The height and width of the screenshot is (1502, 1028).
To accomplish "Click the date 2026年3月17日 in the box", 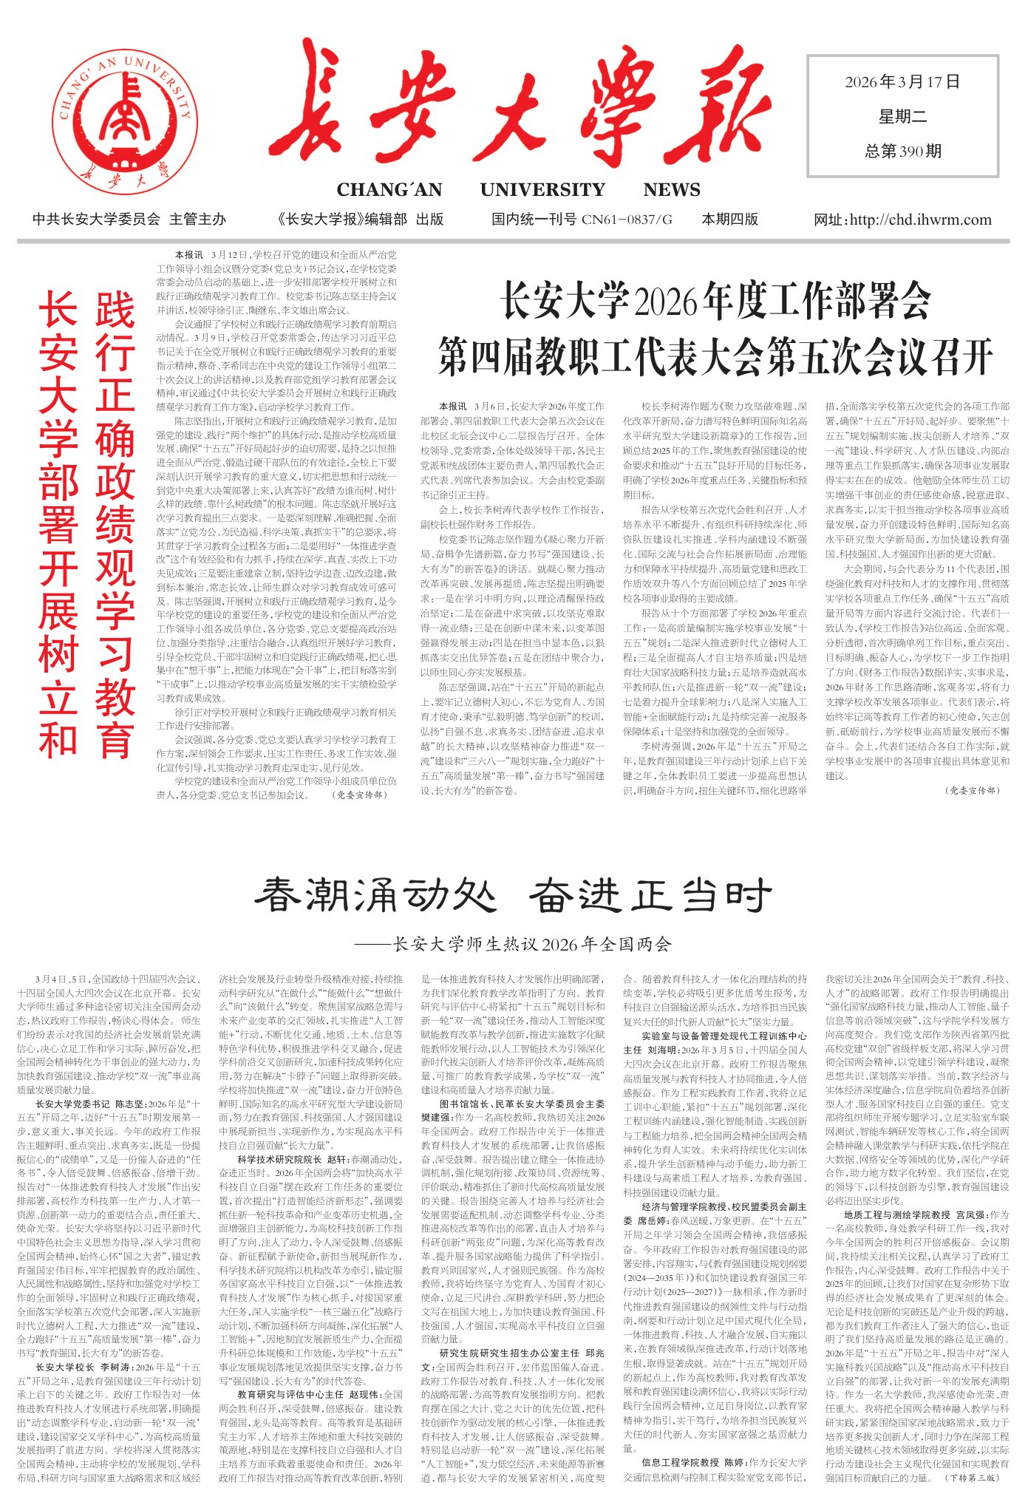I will click(902, 82).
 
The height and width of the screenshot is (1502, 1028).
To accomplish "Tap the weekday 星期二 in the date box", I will click(902, 116).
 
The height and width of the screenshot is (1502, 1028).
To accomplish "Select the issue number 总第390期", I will click(903, 152).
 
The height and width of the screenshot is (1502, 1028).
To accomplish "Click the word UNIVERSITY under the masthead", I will click(542, 190).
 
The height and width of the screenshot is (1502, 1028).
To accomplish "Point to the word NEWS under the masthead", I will click(671, 190).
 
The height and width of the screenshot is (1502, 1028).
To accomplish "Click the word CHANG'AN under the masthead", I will click(389, 190).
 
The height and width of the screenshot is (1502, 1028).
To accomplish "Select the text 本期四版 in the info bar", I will click(729, 220).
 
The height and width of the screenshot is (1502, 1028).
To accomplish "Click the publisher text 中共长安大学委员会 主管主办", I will click(129, 220).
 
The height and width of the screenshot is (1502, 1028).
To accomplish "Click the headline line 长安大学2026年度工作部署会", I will click(715, 301).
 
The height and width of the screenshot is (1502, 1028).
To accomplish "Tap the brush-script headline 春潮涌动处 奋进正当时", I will click(513, 896).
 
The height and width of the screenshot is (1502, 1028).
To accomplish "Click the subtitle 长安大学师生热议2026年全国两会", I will click(532, 944).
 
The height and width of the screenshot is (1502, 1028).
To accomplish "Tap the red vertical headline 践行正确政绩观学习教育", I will click(115, 525).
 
